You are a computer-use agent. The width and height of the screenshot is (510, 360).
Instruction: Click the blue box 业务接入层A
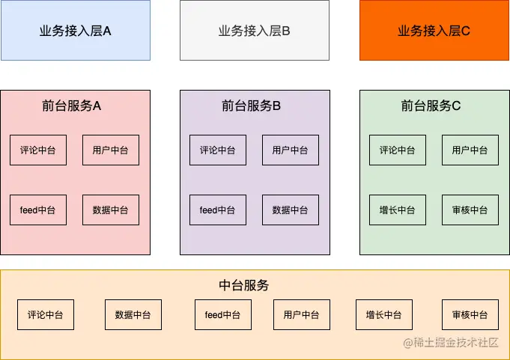(75, 31)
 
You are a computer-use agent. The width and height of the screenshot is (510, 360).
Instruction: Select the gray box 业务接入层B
(255, 31)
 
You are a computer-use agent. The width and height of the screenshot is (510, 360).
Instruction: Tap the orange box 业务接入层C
(434, 31)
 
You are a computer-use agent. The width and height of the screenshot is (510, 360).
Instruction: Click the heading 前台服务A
(72, 106)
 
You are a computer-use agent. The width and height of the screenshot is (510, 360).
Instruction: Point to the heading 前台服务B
(252, 106)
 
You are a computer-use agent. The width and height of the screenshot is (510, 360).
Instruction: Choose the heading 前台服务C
(431, 106)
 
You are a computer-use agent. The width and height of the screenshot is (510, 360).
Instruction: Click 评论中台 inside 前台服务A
(38, 150)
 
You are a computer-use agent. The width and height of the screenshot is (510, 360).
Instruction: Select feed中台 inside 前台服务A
(38, 210)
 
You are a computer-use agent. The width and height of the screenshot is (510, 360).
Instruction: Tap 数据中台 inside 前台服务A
(111, 210)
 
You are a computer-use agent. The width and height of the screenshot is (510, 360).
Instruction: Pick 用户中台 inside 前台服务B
(291, 150)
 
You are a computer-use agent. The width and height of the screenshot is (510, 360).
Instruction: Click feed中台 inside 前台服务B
(218, 210)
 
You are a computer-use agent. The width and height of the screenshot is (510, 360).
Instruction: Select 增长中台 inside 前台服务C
(398, 210)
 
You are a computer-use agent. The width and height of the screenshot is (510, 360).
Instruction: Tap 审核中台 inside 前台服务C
(470, 210)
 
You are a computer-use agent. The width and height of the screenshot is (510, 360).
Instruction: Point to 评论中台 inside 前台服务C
(398, 150)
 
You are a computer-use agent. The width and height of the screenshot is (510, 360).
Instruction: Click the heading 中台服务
(244, 285)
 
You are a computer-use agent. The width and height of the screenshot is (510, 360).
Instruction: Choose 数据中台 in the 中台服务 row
(133, 314)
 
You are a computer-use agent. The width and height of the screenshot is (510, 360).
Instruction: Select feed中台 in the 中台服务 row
(223, 314)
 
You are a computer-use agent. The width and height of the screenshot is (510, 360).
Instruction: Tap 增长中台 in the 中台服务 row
(384, 314)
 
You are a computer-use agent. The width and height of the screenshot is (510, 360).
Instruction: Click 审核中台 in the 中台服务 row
(470, 314)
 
